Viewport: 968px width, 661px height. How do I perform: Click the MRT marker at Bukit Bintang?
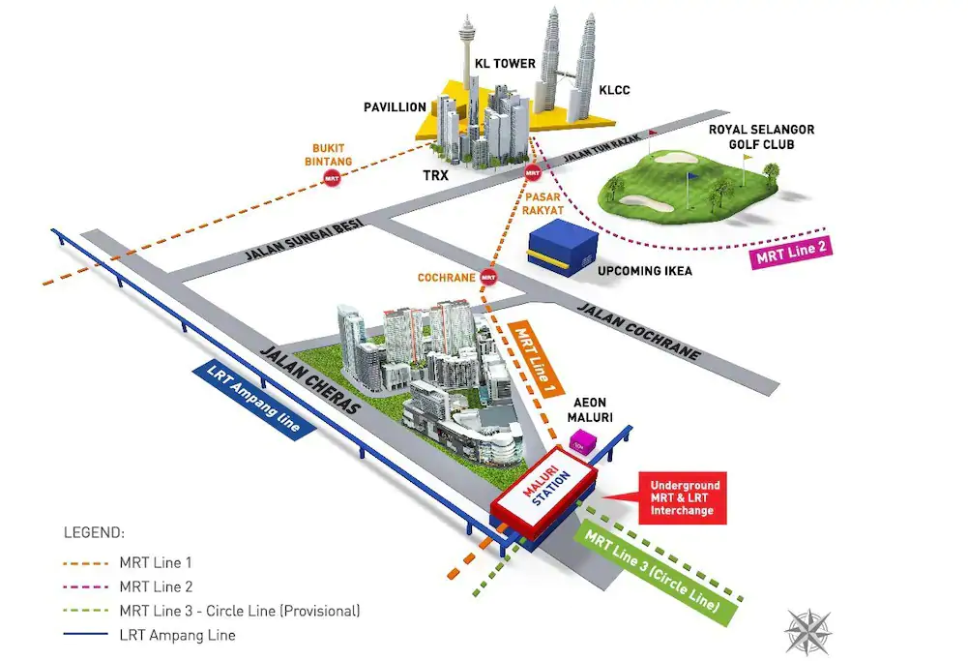332,178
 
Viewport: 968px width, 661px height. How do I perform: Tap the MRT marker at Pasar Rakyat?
533,173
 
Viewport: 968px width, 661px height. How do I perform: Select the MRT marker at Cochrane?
488,278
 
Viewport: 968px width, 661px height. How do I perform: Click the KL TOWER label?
505,64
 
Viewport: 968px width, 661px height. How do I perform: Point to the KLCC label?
614,90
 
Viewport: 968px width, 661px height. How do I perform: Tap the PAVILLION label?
396,107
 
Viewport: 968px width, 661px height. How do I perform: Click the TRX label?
436,175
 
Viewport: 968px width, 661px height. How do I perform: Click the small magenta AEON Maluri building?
583,443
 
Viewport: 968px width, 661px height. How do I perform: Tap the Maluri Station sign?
544,495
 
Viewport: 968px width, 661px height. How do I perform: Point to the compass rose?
808,631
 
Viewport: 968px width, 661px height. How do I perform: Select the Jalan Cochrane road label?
639,332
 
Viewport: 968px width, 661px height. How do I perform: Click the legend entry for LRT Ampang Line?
149,635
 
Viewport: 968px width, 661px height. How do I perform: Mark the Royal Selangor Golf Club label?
761,137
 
